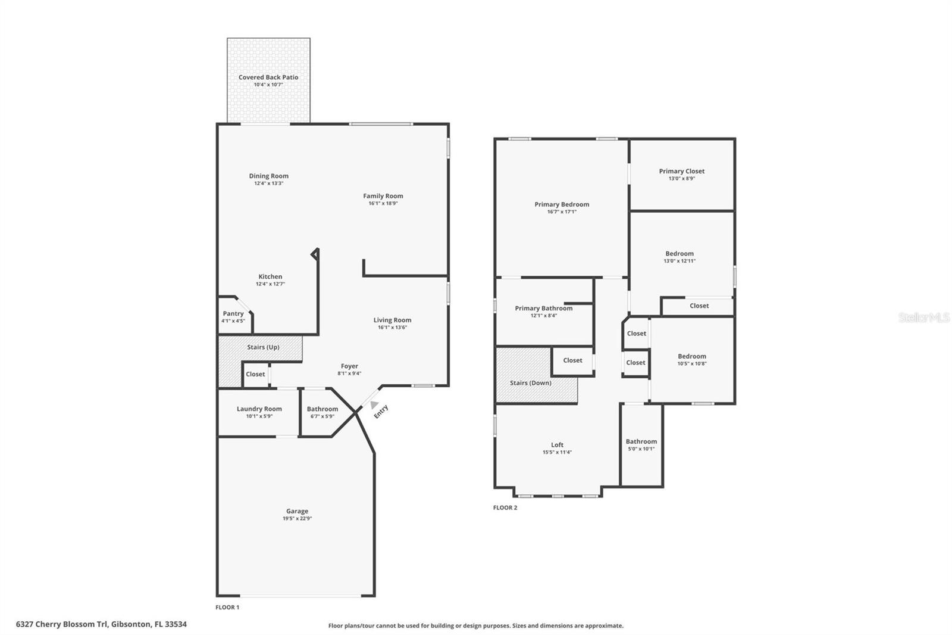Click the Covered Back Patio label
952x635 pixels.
[x=268, y=77]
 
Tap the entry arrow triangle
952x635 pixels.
[x=374, y=405]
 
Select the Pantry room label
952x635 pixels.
[x=233, y=314]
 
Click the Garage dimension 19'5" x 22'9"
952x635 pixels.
[x=297, y=519]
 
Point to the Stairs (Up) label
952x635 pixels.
[x=263, y=347]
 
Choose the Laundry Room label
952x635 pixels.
[x=259, y=409]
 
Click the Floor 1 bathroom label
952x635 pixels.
[x=322, y=409]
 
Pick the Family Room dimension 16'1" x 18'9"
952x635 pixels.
[x=383, y=204]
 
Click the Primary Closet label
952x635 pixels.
[x=681, y=172]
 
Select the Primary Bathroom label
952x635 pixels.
[x=543, y=309]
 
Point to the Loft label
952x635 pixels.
[x=557, y=445]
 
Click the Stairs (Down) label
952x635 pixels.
[x=530, y=383]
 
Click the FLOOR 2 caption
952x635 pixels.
[x=505, y=508]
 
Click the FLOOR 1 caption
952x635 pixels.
[x=227, y=608]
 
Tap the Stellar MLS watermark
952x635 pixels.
[x=924, y=318]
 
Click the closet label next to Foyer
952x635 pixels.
[x=255, y=375]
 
